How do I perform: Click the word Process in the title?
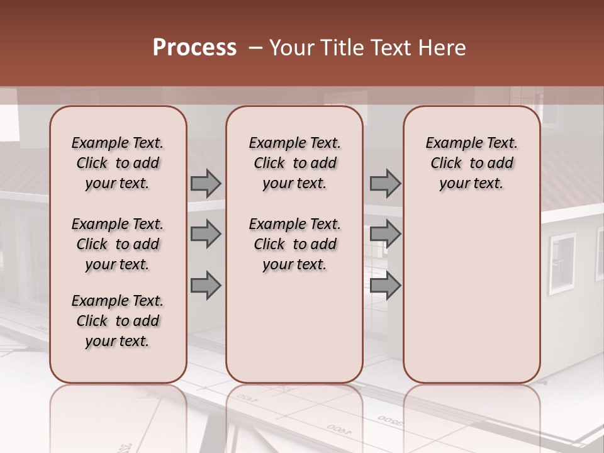click(x=194, y=48)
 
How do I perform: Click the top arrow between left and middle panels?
click(x=206, y=183)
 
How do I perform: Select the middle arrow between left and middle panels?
click(x=206, y=234)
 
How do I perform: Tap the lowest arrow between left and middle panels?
click(x=206, y=285)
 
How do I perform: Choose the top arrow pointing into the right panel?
click(x=385, y=183)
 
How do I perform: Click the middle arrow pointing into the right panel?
click(x=385, y=234)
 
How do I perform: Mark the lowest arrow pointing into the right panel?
click(x=385, y=285)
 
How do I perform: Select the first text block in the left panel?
click(x=118, y=163)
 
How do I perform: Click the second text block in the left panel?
click(x=118, y=244)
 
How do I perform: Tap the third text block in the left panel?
click(x=118, y=321)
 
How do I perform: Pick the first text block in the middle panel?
click(x=294, y=163)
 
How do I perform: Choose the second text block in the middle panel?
click(x=294, y=244)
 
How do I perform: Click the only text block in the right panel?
click(x=471, y=163)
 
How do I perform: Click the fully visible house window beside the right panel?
click(x=562, y=263)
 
